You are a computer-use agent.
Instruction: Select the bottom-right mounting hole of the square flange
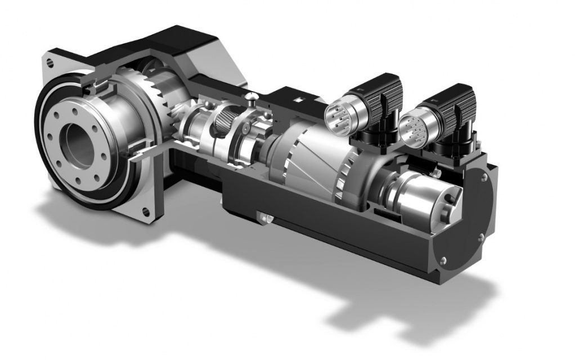146,211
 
